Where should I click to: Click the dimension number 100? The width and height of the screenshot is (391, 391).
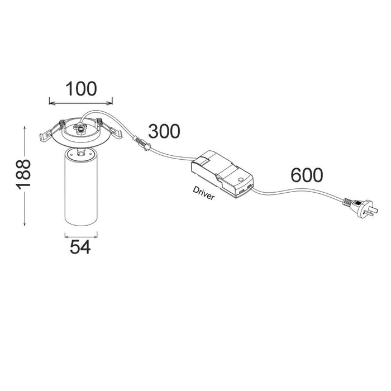pos(81,89)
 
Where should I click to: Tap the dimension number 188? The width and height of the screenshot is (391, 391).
pos(23,174)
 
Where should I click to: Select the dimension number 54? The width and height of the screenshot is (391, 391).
pos(80,247)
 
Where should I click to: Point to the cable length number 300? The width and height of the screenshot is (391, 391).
pos(164,131)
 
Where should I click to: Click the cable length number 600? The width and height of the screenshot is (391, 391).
pos(307,175)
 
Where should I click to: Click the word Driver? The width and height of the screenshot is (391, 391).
pos(203,193)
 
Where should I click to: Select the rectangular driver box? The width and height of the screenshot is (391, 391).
pos(222,174)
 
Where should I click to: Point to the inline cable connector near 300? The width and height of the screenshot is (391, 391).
pos(142,144)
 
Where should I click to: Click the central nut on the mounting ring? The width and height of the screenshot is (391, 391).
pos(80,130)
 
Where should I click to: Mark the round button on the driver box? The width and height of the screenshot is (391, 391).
pos(241,179)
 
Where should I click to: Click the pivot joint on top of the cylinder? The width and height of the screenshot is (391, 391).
pos(80,152)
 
